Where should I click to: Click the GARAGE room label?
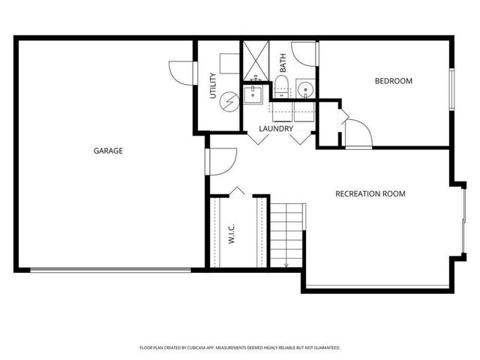pyautogui.click(x=108, y=151)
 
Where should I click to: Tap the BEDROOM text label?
pyautogui.click(x=394, y=81)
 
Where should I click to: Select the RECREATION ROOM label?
pyautogui.click(x=370, y=193)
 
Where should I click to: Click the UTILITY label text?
pyautogui.click(x=212, y=85)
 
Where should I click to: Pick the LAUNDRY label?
pyautogui.click(x=275, y=128)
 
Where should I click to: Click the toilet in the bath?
pyautogui.click(x=283, y=86)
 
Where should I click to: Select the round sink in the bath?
pyautogui.click(x=306, y=90)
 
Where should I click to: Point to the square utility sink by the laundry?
pyautogui.click(x=253, y=95)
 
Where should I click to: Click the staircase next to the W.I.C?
pyautogui.click(x=287, y=232)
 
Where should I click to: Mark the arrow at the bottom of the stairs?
pyautogui.click(x=286, y=262)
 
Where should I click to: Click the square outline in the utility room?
pyautogui.click(x=229, y=63)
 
